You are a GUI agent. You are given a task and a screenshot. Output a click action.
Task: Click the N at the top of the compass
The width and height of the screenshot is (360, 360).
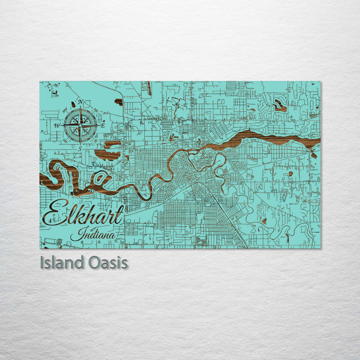(80, 102)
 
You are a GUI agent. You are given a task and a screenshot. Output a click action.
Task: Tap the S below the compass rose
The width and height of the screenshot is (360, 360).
(80, 149)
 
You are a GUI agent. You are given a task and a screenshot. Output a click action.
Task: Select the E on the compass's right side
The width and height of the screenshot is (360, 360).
(103, 125)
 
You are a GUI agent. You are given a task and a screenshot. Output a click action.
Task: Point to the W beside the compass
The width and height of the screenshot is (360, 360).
(57, 126)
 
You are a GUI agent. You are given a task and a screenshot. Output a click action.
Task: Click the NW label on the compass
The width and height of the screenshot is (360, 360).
(65, 109)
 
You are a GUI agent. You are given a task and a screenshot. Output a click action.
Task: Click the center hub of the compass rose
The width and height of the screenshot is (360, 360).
(80, 125)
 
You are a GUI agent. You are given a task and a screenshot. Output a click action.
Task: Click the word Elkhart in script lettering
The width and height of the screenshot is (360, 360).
(83, 213)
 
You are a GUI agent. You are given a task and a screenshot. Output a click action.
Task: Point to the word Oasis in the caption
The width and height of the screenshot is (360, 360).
(108, 263)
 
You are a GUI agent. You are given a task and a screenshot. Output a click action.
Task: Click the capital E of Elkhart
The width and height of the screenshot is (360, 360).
(53, 213)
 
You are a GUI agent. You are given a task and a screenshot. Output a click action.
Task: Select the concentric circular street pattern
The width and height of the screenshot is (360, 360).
(240, 165)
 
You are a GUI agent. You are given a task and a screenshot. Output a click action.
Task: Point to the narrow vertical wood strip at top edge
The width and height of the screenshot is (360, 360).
(149, 88)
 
